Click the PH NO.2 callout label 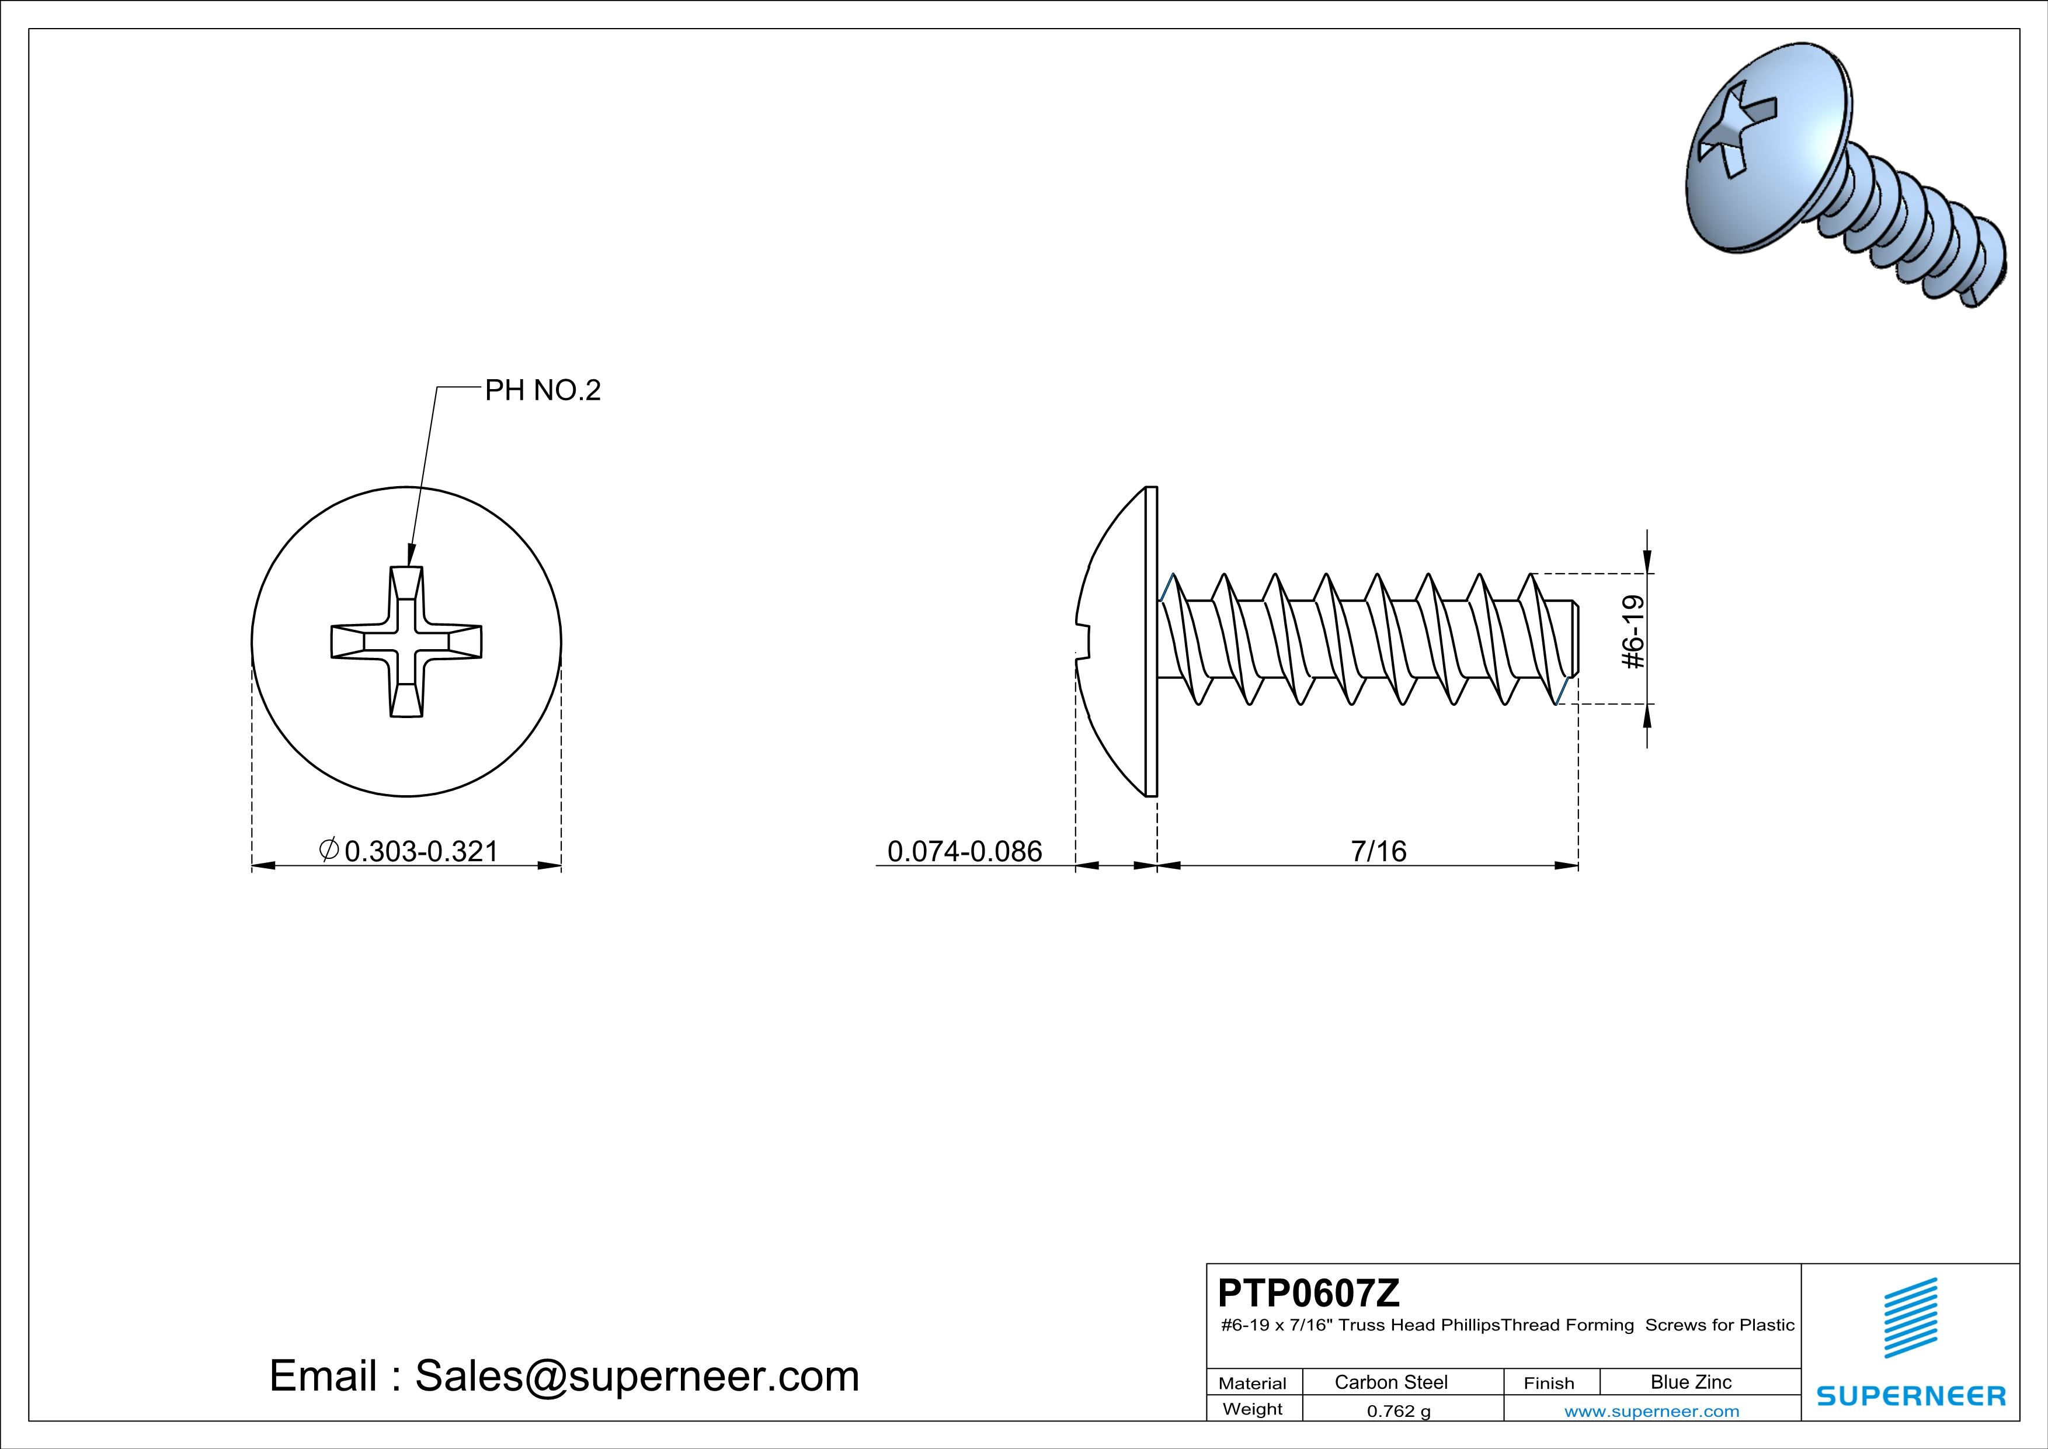(x=543, y=390)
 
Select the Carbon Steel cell (x=1390, y=1382)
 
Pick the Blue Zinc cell (x=1690, y=1382)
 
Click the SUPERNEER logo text (x=1911, y=1395)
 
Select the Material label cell (x=1253, y=1383)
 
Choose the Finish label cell (x=1549, y=1383)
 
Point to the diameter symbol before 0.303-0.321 (x=328, y=850)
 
